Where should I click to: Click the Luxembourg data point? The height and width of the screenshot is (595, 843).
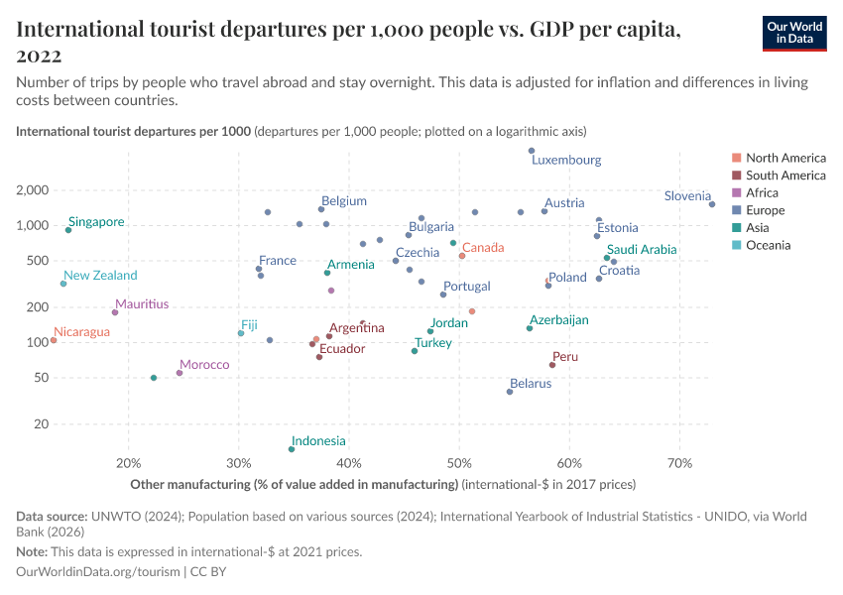point(532,151)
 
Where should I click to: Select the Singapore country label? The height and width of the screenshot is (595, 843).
point(96,222)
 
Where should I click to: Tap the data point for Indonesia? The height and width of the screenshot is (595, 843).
point(291,449)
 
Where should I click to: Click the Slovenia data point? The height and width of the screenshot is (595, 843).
point(712,204)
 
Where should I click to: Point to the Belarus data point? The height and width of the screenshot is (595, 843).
point(510,392)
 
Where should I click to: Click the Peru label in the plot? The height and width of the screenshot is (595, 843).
point(565,357)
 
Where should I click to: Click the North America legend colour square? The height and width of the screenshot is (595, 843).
point(736,158)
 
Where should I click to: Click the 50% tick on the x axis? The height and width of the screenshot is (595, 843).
point(458,464)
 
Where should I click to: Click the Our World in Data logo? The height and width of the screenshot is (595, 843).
point(794,33)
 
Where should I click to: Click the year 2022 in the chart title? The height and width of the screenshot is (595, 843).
point(39,56)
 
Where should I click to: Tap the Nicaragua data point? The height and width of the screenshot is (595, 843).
point(54,340)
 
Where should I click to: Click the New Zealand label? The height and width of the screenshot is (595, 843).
point(100,276)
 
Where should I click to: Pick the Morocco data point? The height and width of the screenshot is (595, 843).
point(180,373)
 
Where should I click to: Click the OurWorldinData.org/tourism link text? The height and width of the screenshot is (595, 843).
point(98,572)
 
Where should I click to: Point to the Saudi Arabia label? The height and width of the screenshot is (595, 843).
point(642,250)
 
